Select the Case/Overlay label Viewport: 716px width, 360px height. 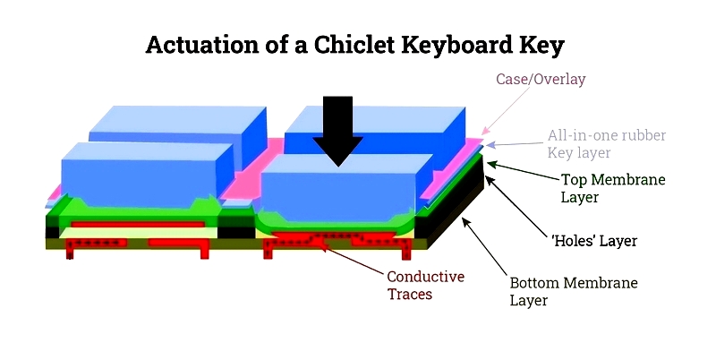coord(541,79)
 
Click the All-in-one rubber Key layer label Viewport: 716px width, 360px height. coord(607,144)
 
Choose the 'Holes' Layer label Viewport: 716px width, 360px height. coord(594,240)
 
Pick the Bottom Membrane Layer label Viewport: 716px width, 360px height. coord(574,291)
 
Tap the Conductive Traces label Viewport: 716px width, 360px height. coord(426,285)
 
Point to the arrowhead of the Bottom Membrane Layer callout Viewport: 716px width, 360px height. coord(465,220)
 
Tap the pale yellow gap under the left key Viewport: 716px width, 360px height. coord(138,233)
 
